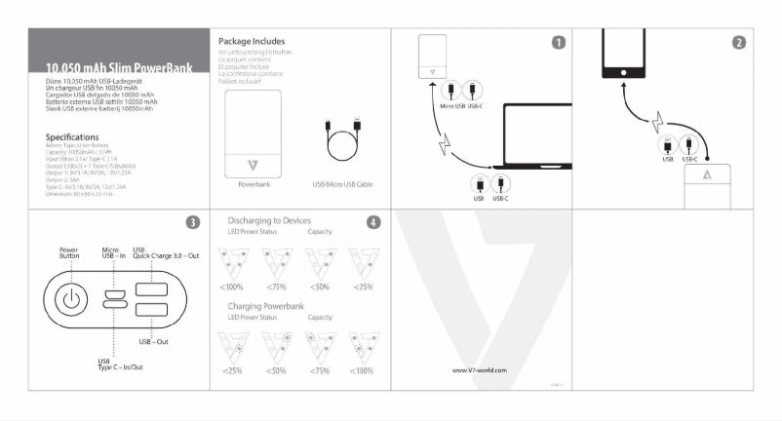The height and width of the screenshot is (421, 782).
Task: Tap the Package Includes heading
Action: coord(252,41)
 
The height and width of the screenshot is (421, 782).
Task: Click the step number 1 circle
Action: coord(558,42)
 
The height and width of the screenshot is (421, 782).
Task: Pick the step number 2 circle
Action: coord(739,42)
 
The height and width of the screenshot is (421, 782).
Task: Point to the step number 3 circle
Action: coord(193,222)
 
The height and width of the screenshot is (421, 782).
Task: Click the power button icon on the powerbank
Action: coord(70,299)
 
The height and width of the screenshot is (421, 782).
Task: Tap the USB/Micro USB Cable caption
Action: coord(343,183)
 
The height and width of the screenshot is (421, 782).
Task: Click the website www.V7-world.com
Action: coord(481,370)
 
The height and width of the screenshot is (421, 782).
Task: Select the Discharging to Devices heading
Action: coord(271,220)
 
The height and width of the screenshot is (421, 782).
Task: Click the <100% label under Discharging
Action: coord(232,287)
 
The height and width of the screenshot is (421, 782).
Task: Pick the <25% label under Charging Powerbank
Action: coord(232,371)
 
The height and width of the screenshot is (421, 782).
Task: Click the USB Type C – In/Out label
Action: coord(121,364)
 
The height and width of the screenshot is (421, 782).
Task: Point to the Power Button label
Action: coord(69,251)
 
